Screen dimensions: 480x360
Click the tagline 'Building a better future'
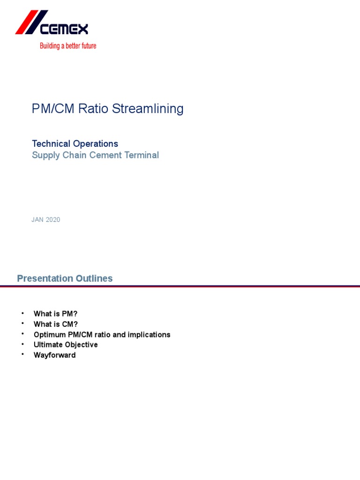click(x=68, y=46)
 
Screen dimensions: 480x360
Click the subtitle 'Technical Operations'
click(x=75, y=144)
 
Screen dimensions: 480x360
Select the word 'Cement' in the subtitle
click(x=109, y=155)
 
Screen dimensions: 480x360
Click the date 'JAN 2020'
click(x=46, y=220)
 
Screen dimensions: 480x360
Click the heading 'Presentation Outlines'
click(x=65, y=278)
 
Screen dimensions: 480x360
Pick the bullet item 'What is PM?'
click(x=55, y=314)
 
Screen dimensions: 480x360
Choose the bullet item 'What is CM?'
click(x=56, y=324)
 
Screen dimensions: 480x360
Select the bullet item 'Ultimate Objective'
click(x=66, y=345)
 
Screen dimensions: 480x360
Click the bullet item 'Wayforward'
click(x=54, y=355)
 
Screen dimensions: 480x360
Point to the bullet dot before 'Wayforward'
click(x=22, y=355)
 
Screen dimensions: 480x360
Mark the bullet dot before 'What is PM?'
click(x=22, y=313)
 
